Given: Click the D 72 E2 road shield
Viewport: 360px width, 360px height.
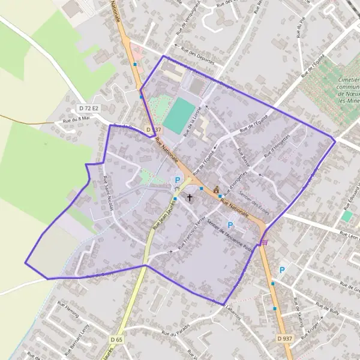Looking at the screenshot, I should [88, 108].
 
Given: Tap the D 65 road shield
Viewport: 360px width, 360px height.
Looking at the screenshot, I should [116, 340].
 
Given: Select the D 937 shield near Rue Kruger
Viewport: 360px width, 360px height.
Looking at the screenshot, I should [285, 338].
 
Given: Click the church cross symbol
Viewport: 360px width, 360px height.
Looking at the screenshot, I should [190, 197].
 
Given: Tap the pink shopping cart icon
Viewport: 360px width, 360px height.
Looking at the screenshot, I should [264, 242].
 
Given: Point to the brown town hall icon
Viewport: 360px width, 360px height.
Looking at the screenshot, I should [216, 190].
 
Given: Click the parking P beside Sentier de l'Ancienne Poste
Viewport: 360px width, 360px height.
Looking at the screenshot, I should [229, 226].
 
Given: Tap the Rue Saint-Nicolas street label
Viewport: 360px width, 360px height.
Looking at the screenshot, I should [108, 194].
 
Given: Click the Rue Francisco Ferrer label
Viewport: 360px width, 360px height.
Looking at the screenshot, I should [191, 233].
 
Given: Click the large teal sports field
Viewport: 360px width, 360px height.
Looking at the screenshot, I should [179, 116].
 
